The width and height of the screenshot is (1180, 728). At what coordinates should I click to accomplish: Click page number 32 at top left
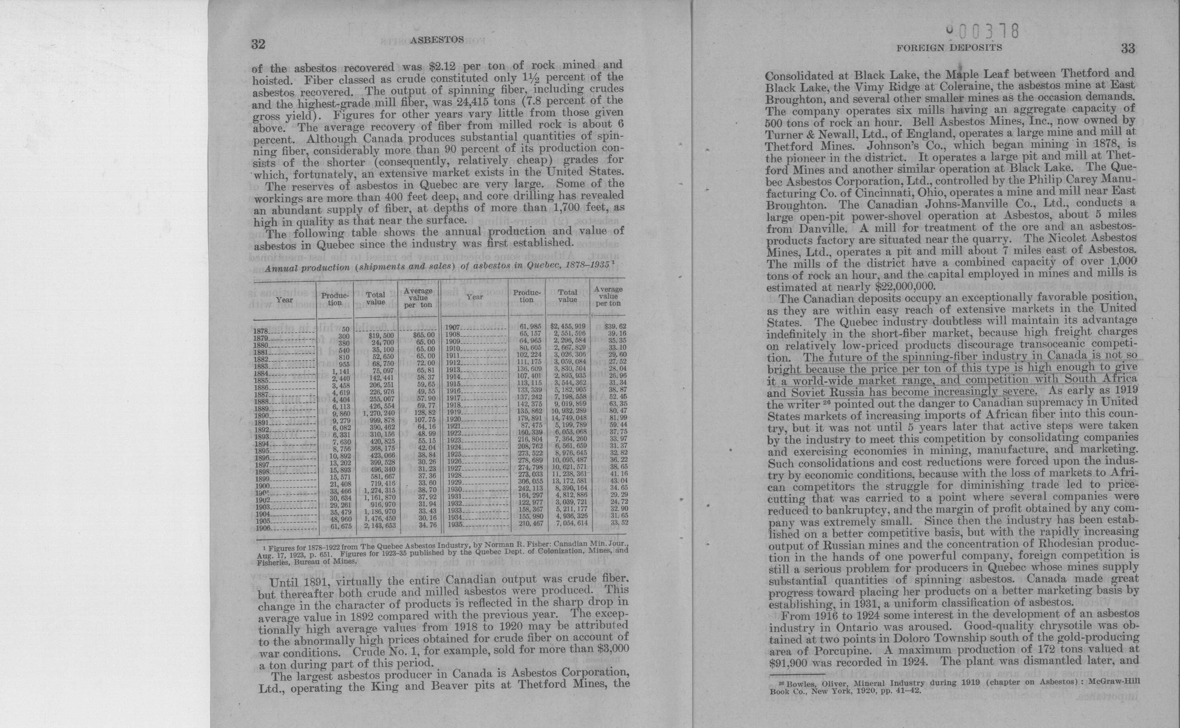point(258,45)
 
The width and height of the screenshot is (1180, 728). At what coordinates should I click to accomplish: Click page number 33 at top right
point(1128,48)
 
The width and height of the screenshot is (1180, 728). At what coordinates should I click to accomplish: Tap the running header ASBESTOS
point(437,40)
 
